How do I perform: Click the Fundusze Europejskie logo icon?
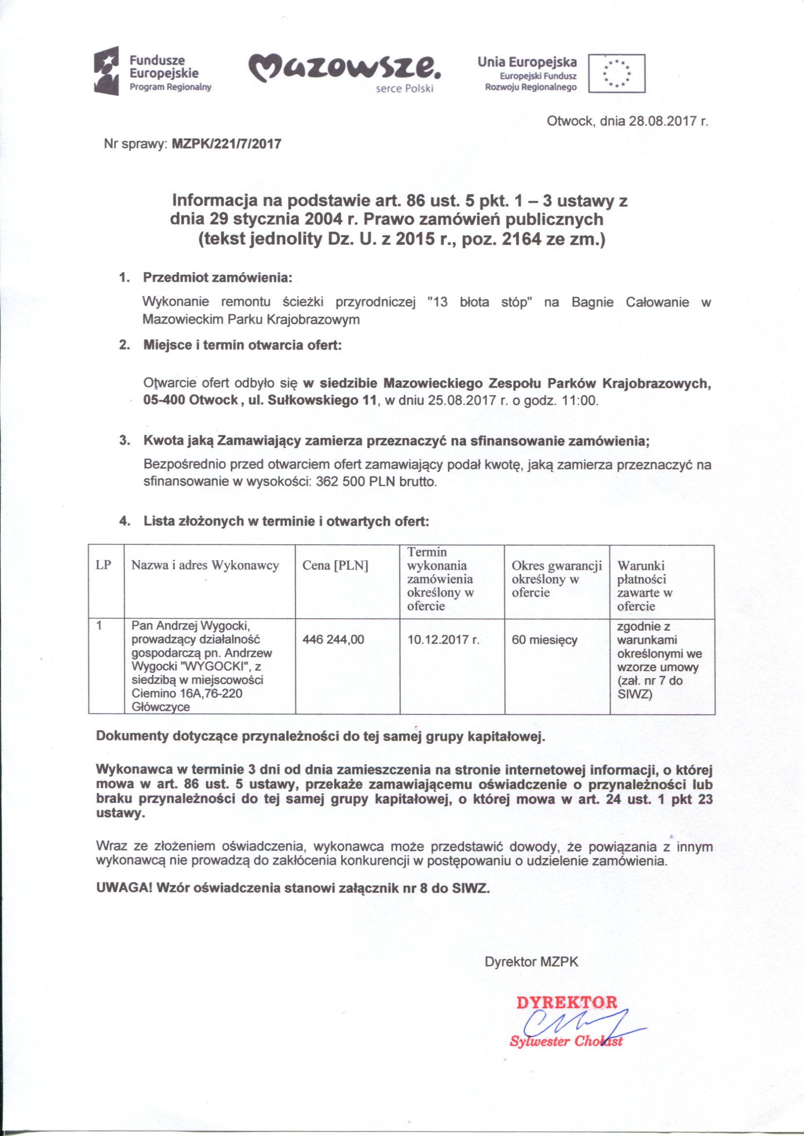107,70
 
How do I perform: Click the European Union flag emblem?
617,74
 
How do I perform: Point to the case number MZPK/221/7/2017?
226,144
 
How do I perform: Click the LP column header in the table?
103,565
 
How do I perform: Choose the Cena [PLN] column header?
335,565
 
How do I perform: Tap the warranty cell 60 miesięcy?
544,640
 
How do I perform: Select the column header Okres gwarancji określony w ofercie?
557,579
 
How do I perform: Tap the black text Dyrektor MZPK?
532,962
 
